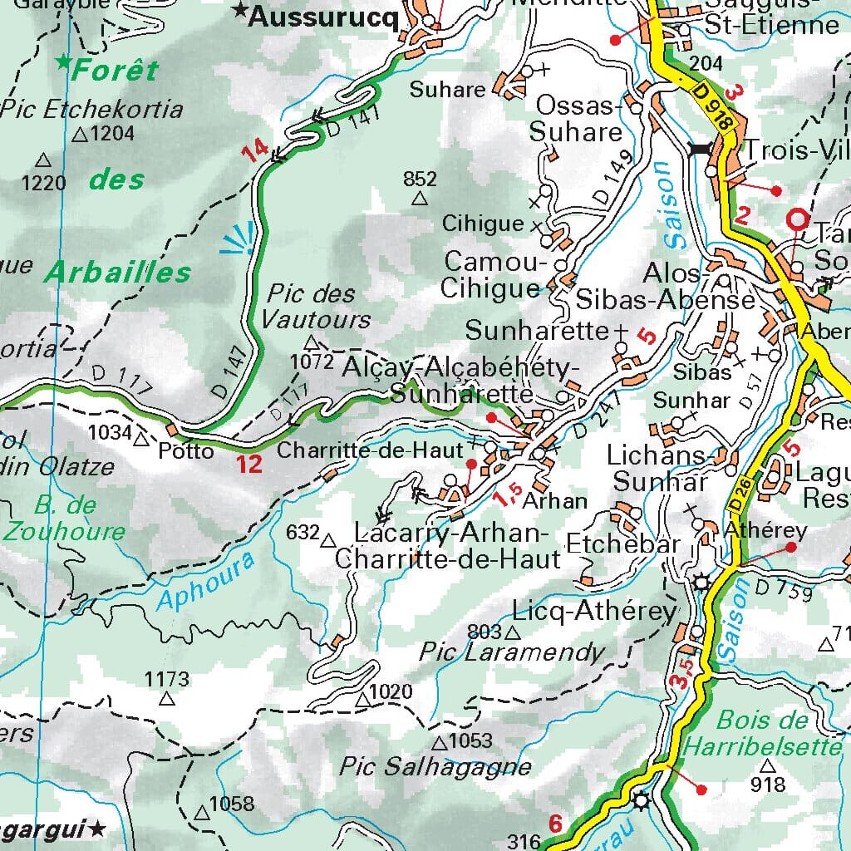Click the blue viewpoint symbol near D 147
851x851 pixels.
(238, 239)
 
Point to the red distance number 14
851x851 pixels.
(255, 151)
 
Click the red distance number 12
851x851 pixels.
(248, 464)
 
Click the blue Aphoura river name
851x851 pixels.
(205, 583)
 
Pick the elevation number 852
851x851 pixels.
(420, 179)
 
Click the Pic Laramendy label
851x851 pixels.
(512, 652)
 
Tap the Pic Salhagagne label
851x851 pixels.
(435, 765)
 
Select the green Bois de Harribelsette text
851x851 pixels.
(762, 733)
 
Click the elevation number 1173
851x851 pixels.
(167, 679)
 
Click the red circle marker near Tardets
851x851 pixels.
(798, 219)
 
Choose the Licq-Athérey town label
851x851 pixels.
(595, 612)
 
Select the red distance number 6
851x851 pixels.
(556, 824)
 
